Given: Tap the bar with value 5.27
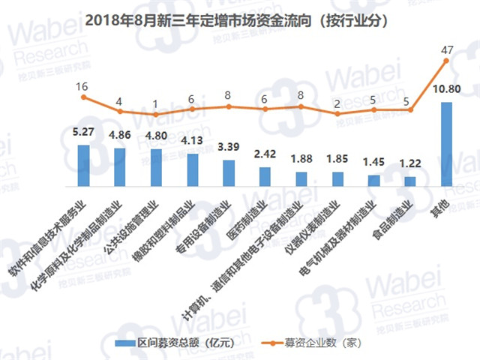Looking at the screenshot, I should pyautogui.click(x=83, y=164).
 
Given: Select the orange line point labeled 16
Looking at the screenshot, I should pyautogui.click(x=83, y=97).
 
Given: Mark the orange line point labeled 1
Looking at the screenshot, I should pyautogui.click(x=156, y=115).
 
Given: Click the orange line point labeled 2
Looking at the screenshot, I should pyautogui.click(x=337, y=113).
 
